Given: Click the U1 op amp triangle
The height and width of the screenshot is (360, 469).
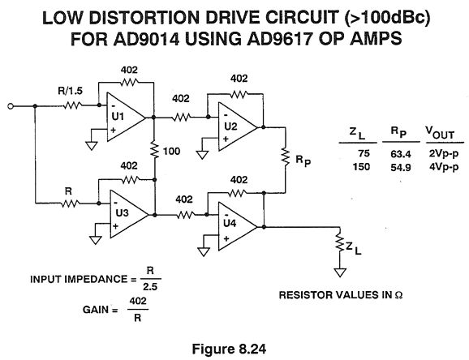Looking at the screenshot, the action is pyautogui.click(x=124, y=117).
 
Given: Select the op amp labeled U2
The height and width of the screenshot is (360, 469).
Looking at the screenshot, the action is pyautogui.click(x=236, y=127).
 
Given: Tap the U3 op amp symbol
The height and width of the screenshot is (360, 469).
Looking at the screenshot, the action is pyautogui.click(x=127, y=214).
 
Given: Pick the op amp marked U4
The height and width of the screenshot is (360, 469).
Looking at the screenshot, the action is pyautogui.click(x=236, y=227).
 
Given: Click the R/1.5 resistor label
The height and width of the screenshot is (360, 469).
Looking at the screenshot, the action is pyautogui.click(x=70, y=91).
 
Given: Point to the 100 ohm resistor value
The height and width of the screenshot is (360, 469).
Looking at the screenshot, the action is pyautogui.click(x=171, y=152).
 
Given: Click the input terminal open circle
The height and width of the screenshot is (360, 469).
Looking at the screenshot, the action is pyautogui.click(x=11, y=106).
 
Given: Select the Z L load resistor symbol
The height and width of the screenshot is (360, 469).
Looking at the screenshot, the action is pyautogui.click(x=340, y=242).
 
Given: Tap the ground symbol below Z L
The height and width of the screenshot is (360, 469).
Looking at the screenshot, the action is pyautogui.click(x=340, y=272).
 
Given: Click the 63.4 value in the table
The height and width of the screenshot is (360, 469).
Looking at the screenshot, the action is pyautogui.click(x=401, y=154).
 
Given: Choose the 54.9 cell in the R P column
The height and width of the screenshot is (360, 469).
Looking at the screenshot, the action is pyautogui.click(x=401, y=168).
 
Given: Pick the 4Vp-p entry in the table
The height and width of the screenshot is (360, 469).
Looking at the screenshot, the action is pyautogui.click(x=444, y=167).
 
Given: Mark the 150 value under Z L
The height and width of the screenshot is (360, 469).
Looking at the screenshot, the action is pyautogui.click(x=361, y=166).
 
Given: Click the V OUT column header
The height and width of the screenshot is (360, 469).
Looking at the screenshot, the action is pyautogui.click(x=440, y=133).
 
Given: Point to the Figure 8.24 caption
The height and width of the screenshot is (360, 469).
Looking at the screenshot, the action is pyautogui.click(x=229, y=349).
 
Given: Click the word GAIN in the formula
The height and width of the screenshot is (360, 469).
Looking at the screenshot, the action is pyautogui.click(x=97, y=310).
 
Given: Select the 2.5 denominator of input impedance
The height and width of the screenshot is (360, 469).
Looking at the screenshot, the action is pyautogui.click(x=150, y=287).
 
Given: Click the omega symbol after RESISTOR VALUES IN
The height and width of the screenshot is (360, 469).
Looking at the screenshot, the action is pyautogui.click(x=398, y=295).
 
